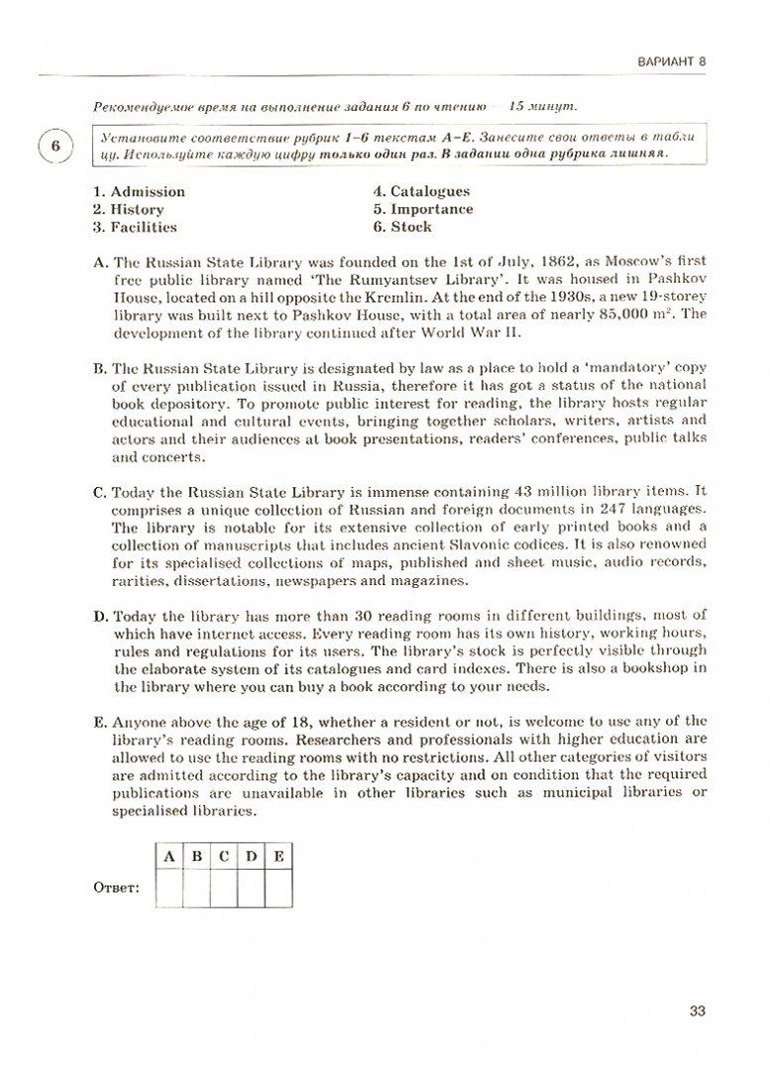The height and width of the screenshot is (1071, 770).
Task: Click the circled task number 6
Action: click(x=55, y=146)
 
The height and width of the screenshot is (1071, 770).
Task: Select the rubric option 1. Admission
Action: click(x=138, y=191)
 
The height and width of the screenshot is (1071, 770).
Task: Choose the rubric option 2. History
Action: click(x=128, y=209)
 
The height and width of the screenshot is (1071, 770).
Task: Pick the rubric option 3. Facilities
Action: click(x=134, y=227)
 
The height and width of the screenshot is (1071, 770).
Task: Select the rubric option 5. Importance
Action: click(x=423, y=209)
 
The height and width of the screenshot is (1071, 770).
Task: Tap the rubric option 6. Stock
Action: click(x=402, y=227)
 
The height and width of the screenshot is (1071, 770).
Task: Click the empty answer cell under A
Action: click(x=170, y=889)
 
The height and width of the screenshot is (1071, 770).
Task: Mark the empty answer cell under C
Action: click(x=225, y=889)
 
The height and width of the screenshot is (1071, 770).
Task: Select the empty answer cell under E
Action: click(x=278, y=889)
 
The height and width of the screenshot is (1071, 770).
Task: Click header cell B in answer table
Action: click(x=197, y=857)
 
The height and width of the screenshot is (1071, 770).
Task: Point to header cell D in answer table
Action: click(x=252, y=857)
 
